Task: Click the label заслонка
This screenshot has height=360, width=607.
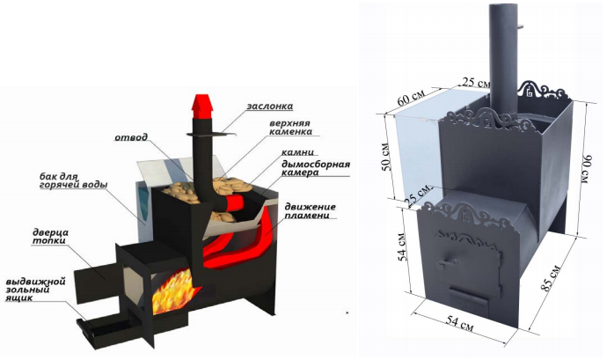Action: [269, 106]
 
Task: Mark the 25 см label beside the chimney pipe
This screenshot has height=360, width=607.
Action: [476, 82]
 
